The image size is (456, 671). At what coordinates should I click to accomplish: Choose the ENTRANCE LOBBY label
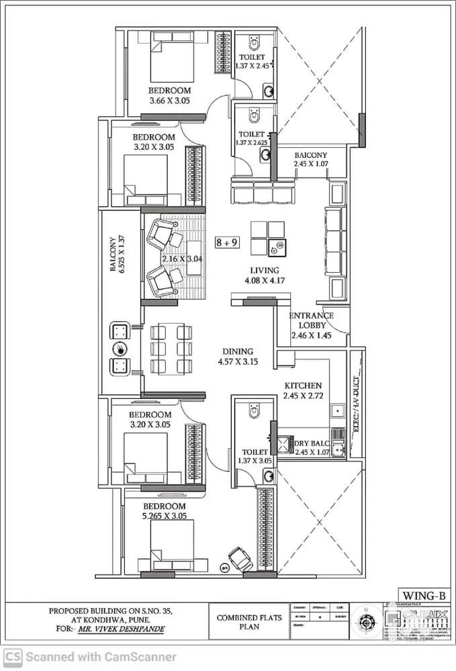pos(311,325)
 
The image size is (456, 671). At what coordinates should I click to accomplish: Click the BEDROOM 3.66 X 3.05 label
pos(169,95)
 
